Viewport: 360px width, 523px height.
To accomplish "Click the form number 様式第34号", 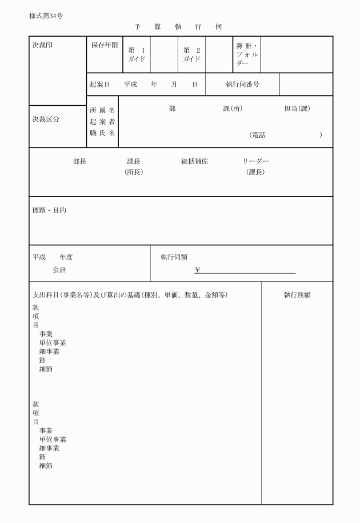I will pyautogui.click(x=46, y=15).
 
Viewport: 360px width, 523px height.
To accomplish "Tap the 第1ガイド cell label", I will pyautogui.click(x=137, y=54).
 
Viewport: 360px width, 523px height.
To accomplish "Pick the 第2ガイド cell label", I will pyautogui.click(x=191, y=54).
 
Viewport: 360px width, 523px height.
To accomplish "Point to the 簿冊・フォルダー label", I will pyautogui.click(x=247, y=54).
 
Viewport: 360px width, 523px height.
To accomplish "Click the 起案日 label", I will pyautogui.click(x=99, y=84).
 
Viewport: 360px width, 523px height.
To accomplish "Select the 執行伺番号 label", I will pyautogui.click(x=242, y=84).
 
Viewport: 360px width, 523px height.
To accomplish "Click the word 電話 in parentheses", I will pyautogui.click(x=258, y=135).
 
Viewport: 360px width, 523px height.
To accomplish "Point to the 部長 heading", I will pyautogui.click(x=79, y=162).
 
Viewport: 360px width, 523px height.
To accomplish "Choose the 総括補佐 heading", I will pyautogui.click(x=194, y=162).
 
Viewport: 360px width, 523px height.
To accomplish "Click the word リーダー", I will pyautogui.click(x=255, y=162).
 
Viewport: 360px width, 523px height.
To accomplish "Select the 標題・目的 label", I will pyautogui.click(x=49, y=210).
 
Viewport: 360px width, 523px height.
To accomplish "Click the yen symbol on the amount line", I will pyautogui.click(x=197, y=270).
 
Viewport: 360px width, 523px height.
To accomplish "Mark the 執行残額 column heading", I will pyautogui.click(x=297, y=295).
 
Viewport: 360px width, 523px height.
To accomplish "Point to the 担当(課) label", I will pyautogui.click(x=297, y=109).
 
